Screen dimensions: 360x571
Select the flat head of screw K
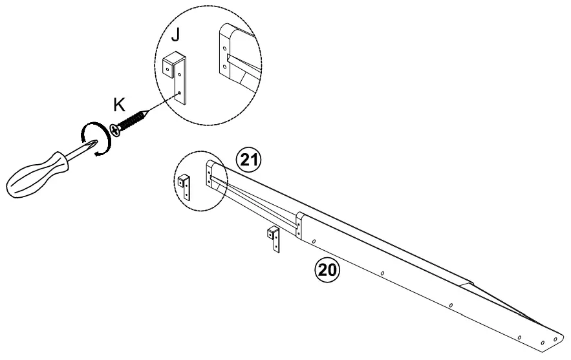pyautogui.click(x=116, y=131)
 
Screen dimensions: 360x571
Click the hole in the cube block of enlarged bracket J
pyautogui.click(x=167, y=65)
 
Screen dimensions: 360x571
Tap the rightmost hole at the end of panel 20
pyautogui.click(x=555, y=339)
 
